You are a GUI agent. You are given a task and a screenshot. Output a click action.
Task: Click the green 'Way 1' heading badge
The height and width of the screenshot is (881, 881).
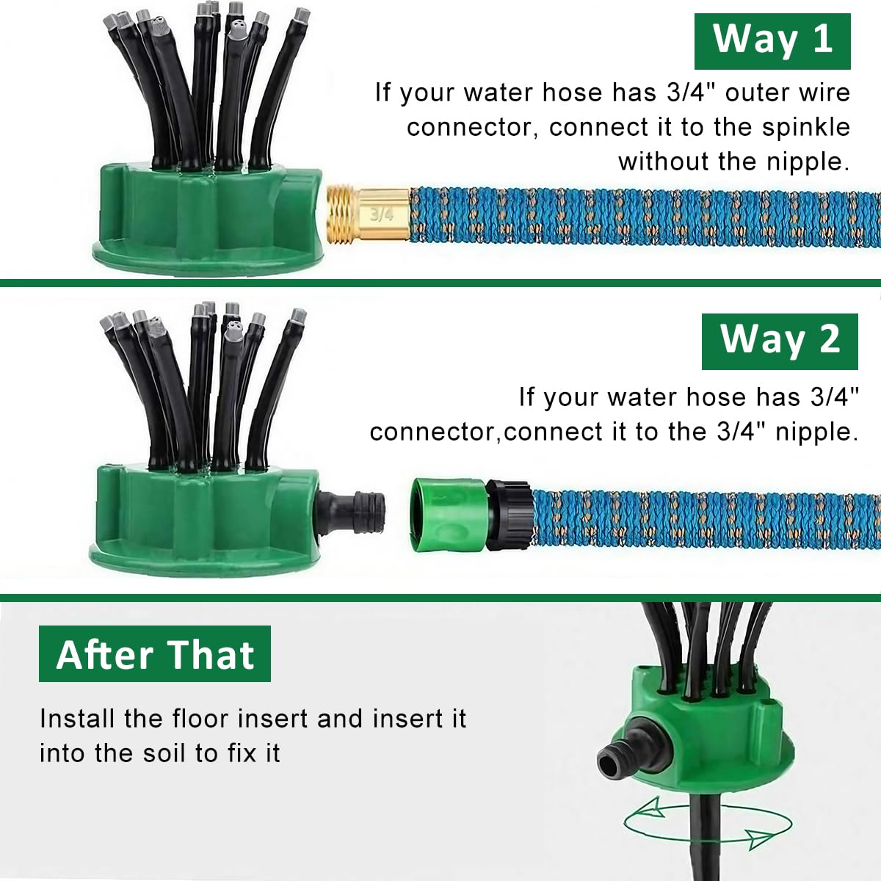point(772,40)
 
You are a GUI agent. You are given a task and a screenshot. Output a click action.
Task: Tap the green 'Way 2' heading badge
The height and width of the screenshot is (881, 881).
point(780,341)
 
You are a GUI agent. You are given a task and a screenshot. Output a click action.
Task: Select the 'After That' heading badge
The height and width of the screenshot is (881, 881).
point(155,654)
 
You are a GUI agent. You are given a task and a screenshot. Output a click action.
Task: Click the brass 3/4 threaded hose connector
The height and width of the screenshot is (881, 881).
point(368,214)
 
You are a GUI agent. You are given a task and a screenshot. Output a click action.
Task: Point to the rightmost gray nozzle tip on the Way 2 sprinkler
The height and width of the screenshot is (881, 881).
point(297,316)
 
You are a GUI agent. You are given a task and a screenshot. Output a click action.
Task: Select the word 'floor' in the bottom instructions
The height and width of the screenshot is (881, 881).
point(201,718)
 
